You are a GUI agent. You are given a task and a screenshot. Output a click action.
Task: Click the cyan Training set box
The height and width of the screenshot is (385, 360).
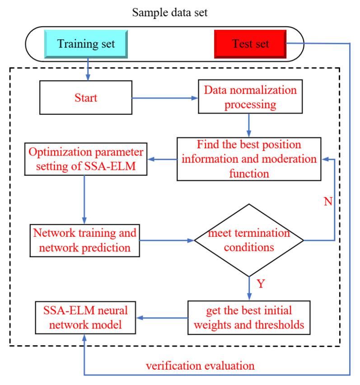point(86,44)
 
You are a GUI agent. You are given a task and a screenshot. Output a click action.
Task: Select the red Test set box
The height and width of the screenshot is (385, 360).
point(250,44)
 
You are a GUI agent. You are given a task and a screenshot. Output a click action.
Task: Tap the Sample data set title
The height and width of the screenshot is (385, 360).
point(170,13)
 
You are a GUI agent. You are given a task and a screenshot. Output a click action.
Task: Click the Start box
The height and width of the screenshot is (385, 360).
point(86,98)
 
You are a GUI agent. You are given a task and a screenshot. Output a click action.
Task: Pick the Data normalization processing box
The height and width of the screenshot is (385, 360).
point(250,97)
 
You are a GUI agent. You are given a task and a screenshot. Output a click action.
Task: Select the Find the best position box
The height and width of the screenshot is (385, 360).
point(249,159)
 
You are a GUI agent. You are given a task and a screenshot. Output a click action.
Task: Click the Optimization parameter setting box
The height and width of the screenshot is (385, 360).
point(86,159)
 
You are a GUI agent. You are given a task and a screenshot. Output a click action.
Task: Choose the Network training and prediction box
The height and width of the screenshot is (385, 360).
point(84,240)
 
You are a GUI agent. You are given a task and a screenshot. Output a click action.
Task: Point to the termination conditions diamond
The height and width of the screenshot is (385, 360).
point(249,240)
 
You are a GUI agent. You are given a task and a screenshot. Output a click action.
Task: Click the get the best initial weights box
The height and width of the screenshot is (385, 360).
point(249,318)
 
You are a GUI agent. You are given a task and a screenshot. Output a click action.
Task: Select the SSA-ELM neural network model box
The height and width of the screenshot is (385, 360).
point(85,318)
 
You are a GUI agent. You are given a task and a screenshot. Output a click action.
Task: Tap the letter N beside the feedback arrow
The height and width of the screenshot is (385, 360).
point(328,202)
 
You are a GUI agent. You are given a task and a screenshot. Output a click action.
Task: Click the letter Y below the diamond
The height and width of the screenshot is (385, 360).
point(261,284)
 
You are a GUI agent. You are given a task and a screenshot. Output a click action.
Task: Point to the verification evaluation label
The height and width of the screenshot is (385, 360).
point(200,366)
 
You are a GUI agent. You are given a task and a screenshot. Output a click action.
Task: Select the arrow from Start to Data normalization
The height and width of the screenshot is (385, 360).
point(165,98)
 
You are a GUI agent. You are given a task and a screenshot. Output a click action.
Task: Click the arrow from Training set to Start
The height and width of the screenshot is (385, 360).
point(88,70)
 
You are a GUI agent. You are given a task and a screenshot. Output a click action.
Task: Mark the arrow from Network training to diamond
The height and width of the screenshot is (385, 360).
point(167,240)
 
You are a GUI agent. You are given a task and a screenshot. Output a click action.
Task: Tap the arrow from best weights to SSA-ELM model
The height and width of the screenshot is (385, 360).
point(162,318)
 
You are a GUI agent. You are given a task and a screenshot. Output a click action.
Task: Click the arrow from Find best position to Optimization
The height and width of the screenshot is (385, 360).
point(162,160)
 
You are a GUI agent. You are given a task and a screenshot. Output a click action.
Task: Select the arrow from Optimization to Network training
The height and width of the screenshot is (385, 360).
point(84,200)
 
